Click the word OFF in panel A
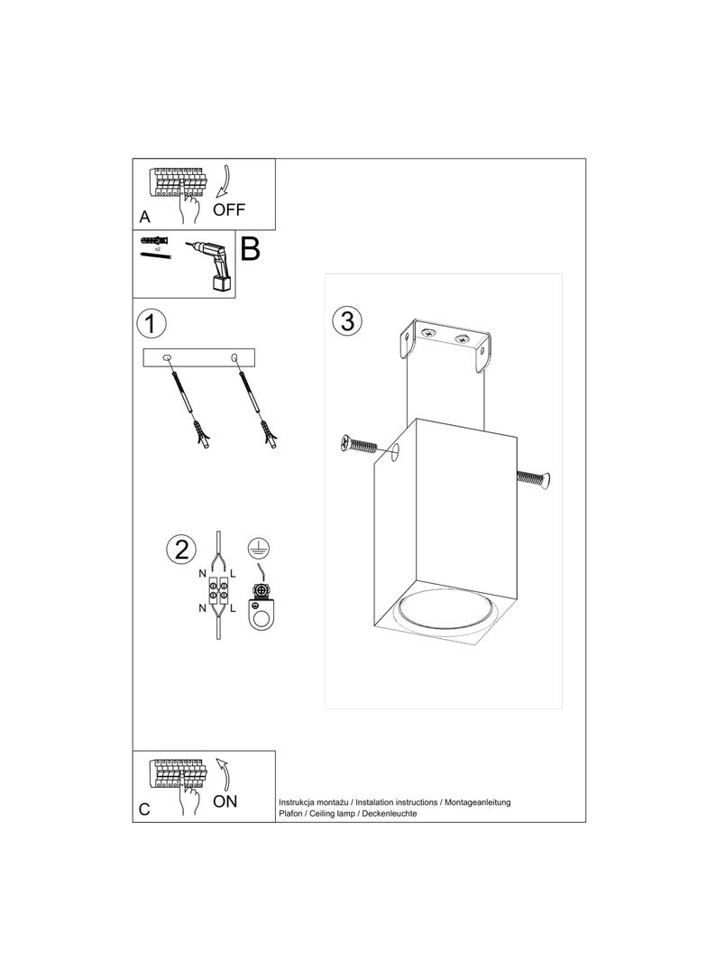229,210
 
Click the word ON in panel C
225,800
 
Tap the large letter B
250,249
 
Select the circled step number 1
151,322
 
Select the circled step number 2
181,549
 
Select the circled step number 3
347,320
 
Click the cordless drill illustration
212,263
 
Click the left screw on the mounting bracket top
428,334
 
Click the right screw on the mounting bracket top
463,339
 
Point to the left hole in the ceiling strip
167,358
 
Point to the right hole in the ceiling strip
235,358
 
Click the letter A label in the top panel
144,217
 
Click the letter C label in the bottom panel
144,809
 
